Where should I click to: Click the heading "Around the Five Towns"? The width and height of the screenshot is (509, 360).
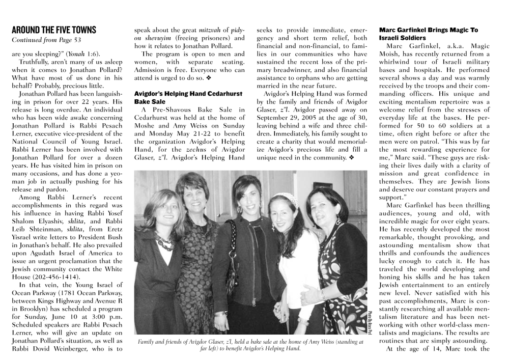click(53, 30)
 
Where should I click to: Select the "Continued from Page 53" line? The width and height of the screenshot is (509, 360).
click(46, 40)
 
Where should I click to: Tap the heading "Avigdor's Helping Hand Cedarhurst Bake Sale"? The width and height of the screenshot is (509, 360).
click(189, 98)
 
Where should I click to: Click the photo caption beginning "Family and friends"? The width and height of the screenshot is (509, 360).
click(250, 345)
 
